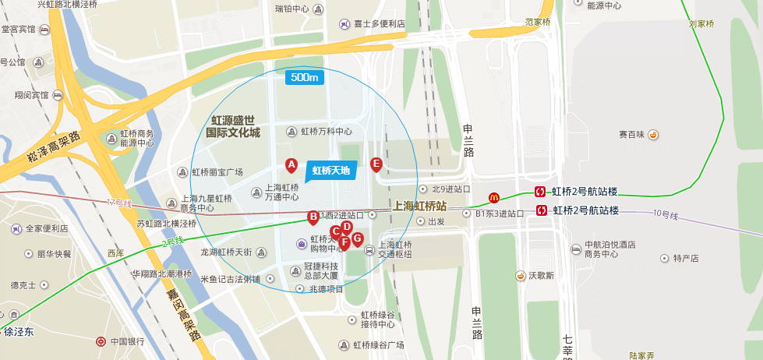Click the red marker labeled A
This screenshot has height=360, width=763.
coord(291,164)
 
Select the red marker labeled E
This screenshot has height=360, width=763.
coord(376,164)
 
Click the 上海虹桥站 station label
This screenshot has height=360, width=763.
coord(420,206)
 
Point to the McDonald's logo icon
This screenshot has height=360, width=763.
coord(493,198)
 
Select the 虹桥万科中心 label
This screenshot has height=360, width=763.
coord(327,131)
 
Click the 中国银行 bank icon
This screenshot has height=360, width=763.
coord(101,341)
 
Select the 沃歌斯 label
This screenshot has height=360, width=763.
coord(539,275)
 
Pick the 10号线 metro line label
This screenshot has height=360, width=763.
coord(667,213)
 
